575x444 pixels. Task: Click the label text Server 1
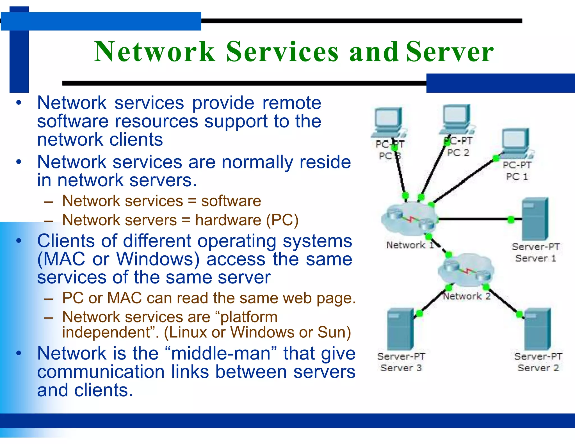tap(535, 258)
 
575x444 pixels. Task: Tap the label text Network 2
tap(467, 296)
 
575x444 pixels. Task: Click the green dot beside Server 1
tap(511, 219)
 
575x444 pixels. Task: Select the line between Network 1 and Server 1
tap(474, 219)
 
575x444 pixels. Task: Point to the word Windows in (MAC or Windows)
tap(158, 259)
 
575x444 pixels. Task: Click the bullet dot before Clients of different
tap(19, 241)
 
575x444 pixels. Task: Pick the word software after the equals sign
tap(231, 201)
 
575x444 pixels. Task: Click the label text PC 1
tap(517, 177)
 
